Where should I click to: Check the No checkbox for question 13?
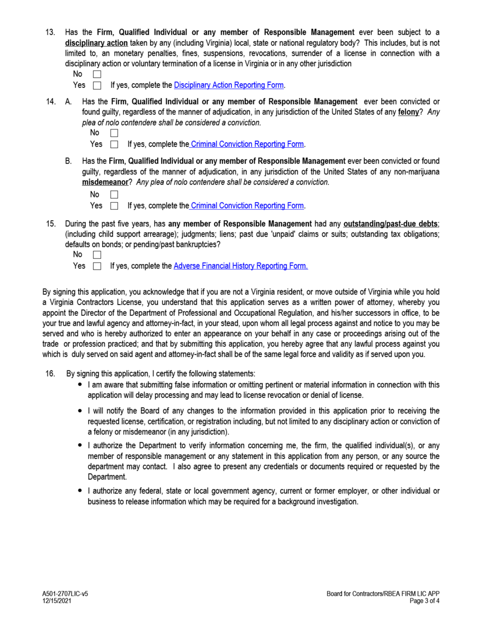(97, 75)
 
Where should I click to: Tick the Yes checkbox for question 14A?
(114, 144)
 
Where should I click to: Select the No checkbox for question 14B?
(114, 195)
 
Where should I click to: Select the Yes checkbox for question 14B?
(114, 206)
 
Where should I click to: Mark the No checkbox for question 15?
(97, 255)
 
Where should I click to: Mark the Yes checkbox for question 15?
(97, 265)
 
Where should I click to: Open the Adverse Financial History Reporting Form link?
(240, 265)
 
